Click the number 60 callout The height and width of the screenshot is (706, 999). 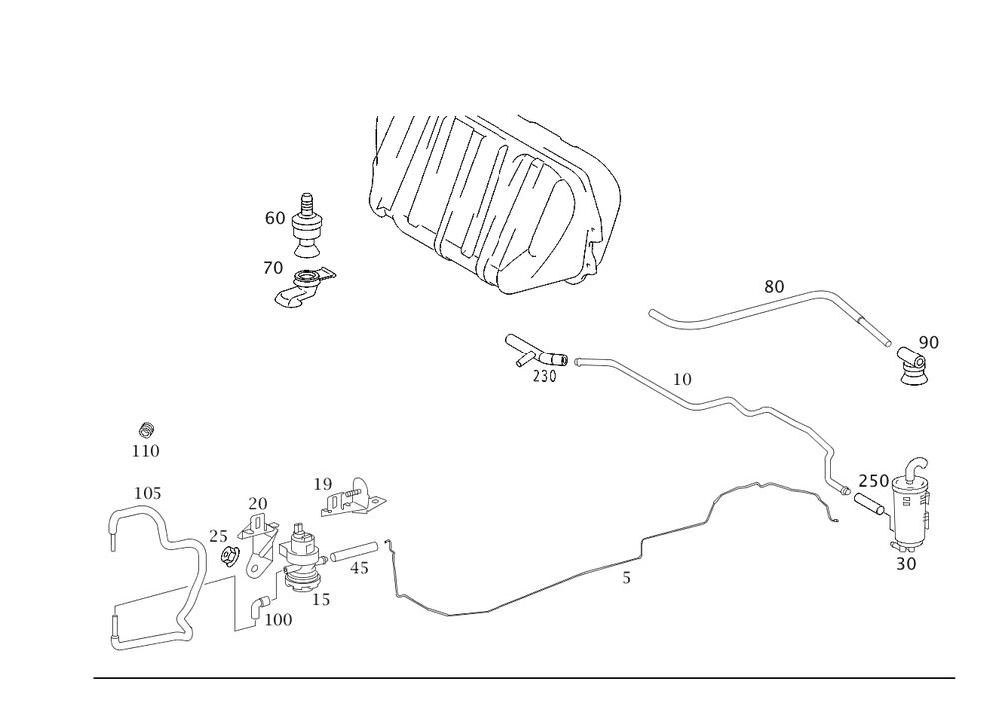click(274, 217)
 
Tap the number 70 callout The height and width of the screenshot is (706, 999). click(272, 268)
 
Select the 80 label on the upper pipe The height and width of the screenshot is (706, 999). click(774, 286)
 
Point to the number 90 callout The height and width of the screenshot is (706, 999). click(928, 343)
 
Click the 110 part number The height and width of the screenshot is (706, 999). click(146, 451)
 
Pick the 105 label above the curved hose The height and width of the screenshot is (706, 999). click(147, 492)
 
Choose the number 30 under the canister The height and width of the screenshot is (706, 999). click(906, 563)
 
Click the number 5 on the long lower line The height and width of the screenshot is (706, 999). click(626, 577)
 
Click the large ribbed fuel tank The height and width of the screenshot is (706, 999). click(495, 200)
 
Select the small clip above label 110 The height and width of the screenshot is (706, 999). click(146, 430)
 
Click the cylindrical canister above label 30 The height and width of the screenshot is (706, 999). click(908, 519)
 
